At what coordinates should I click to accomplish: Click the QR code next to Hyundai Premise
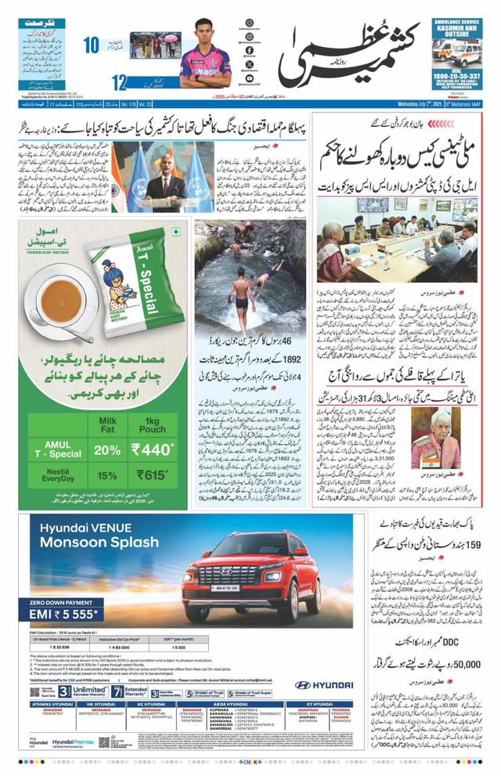(x=121, y=741)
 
